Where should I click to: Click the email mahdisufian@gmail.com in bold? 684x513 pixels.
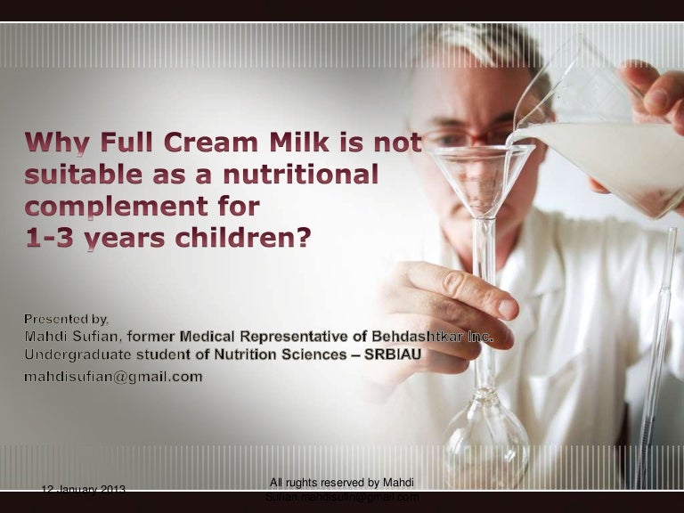(x=112, y=377)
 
